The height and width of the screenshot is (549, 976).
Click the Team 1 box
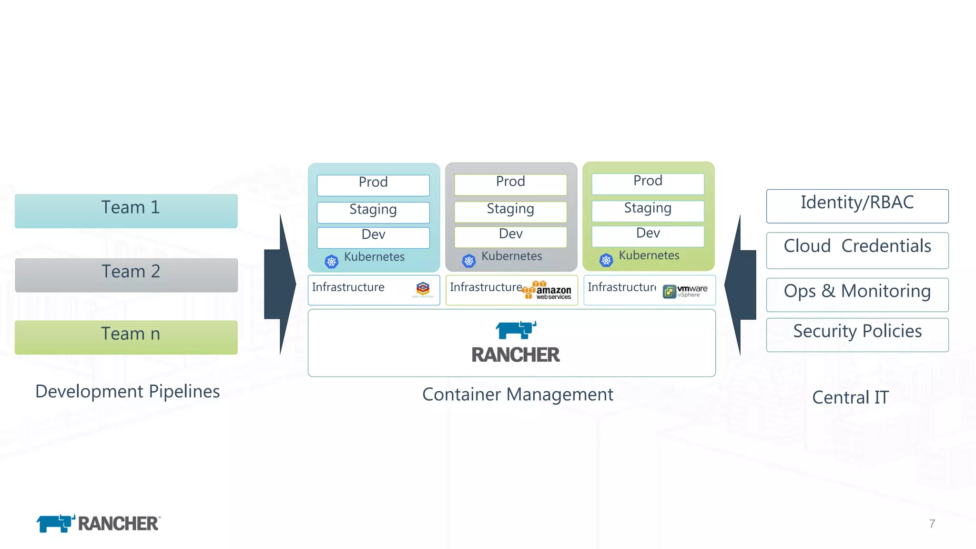(x=126, y=211)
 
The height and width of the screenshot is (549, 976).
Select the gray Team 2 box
(x=126, y=275)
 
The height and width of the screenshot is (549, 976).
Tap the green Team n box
(x=126, y=337)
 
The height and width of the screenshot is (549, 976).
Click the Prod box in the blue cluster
(x=373, y=185)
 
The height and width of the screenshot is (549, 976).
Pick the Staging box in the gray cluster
(x=510, y=212)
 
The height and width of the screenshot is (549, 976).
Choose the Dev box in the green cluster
(x=648, y=236)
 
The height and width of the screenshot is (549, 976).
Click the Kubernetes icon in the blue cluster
(x=332, y=261)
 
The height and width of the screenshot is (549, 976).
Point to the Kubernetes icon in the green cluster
(x=606, y=260)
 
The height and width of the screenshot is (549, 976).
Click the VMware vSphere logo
(x=685, y=291)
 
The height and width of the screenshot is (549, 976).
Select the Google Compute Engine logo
(x=423, y=289)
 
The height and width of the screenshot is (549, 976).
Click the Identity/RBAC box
(x=857, y=206)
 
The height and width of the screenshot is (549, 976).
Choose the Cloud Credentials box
(x=857, y=250)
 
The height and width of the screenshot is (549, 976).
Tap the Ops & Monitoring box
(x=857, y=295)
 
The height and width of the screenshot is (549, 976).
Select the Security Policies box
(x=857, y=335)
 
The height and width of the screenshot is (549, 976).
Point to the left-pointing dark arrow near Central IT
(x=740, y=285)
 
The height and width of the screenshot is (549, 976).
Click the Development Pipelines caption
(x=127, y=391)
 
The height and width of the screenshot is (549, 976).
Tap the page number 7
(x=932, y=524)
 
